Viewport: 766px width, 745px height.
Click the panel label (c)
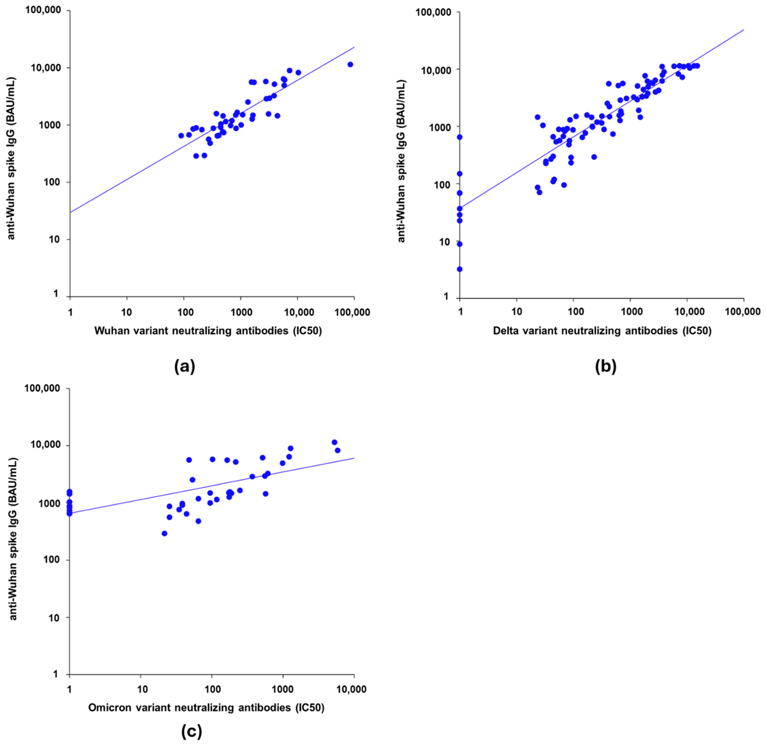pyautogui.click(x=192, y=730)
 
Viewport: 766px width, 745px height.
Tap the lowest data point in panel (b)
pyautogui.click(x=459, y=269)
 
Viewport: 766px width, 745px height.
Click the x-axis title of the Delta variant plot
pyautogui.click(x=602, y=331)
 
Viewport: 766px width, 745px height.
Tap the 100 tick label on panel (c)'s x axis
pyautogui.click(x=212, y=689)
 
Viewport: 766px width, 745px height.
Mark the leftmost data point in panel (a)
pyautogui.click(x=181, y=136)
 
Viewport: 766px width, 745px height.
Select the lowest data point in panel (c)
pyautogui.click(x=164, y=533)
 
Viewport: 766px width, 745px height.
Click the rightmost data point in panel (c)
pyautogui.click(x=337, y=450)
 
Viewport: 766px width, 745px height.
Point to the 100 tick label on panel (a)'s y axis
pyautogui.click(x=54, y=182)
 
